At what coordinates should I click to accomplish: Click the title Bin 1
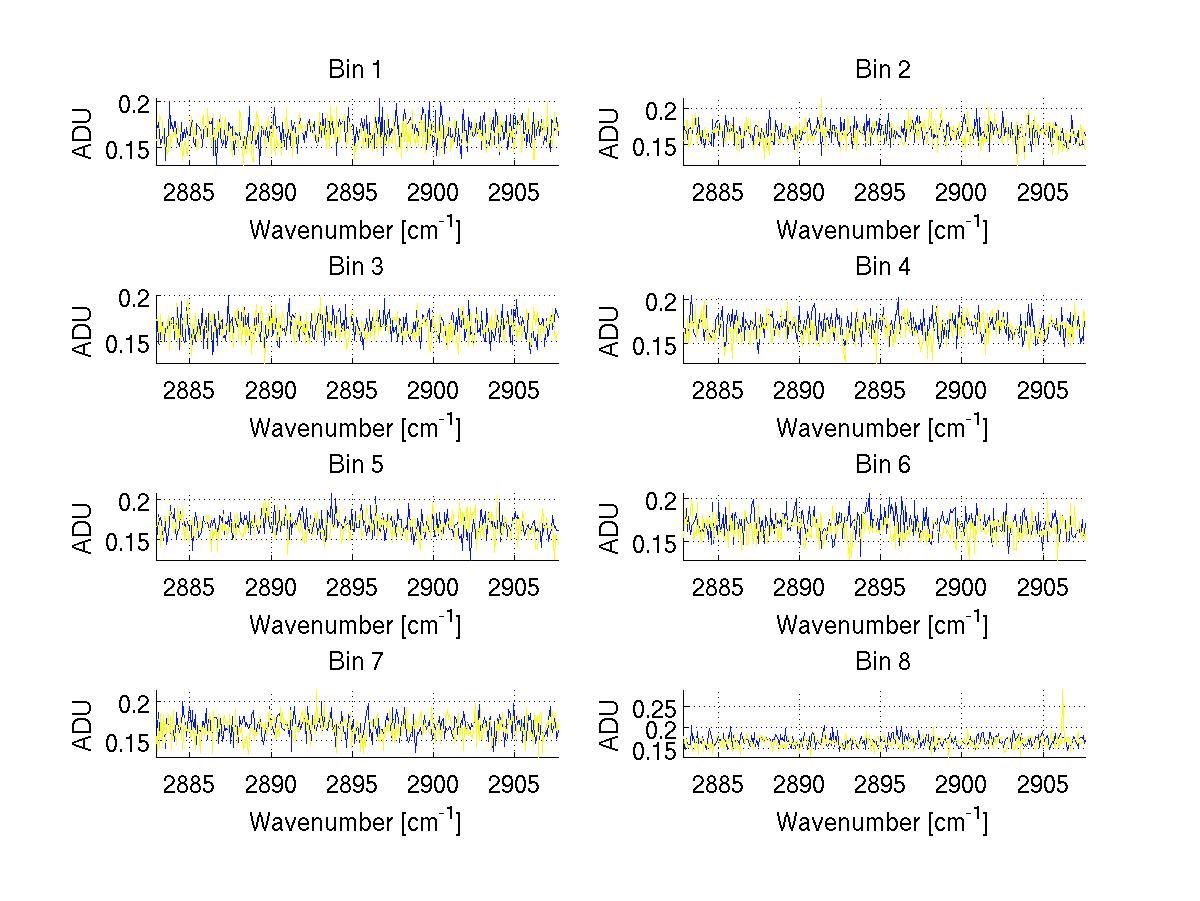tap(355, 70)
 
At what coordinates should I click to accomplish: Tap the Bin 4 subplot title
tap(882, 267)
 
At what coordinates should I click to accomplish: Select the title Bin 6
tap(882, 464)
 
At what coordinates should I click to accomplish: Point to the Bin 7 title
tap(355, 661)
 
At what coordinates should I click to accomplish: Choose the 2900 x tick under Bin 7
tap(433, 783)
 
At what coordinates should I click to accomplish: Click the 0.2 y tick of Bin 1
tap(137, 104)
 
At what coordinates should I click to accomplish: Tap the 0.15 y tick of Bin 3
tap(128, 345)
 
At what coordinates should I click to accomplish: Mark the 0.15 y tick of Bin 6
tap(655, 543)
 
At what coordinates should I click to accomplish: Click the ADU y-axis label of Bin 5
tap(83, 528)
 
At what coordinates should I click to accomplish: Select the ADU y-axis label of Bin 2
tap(610, 134)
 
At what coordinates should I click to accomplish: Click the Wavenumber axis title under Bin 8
tap(882, 822)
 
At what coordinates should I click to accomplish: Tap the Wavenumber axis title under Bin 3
tap(355, 428)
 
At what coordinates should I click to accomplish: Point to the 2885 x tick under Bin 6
tap(717, 586)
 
